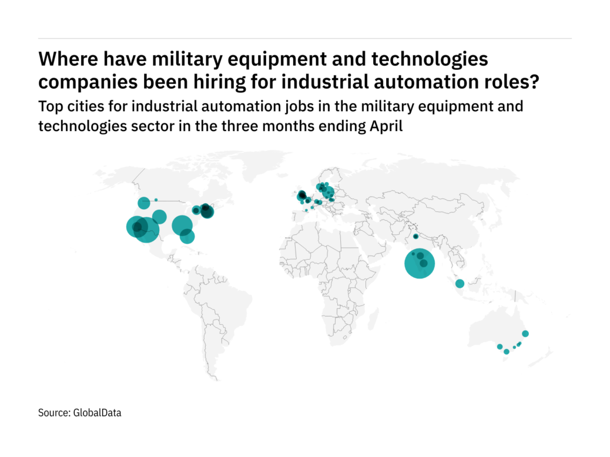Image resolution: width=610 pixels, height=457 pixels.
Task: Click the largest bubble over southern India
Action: tap(420, 264)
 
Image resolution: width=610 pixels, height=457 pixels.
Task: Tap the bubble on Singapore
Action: tap(460, 284)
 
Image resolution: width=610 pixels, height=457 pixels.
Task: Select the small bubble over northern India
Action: tap(415, 236)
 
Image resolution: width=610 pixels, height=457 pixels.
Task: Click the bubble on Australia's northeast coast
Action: tap(525, 334)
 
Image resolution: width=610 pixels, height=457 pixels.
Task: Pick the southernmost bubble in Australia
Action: tap(507, 351)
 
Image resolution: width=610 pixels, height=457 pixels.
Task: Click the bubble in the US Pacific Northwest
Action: tap(144, 203)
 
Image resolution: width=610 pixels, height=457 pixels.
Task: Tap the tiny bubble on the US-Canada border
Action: tap(156, 200)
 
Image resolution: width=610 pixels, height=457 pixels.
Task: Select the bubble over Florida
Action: tap(187, 236)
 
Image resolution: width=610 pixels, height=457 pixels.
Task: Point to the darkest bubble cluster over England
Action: tap(301, 195)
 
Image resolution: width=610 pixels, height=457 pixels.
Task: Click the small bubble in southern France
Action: tap(306, 210)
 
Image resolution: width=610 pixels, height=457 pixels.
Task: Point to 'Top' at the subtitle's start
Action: tap(49, 108)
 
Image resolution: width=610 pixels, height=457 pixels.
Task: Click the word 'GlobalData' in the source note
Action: tap(97, 413)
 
